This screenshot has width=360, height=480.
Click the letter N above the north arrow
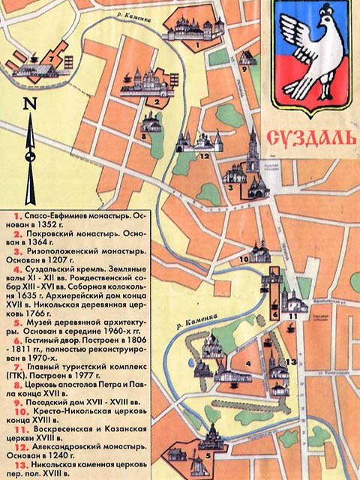point(28,104)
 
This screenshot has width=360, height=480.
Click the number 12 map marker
point(203,156)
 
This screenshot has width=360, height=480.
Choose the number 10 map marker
point(244,259)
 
